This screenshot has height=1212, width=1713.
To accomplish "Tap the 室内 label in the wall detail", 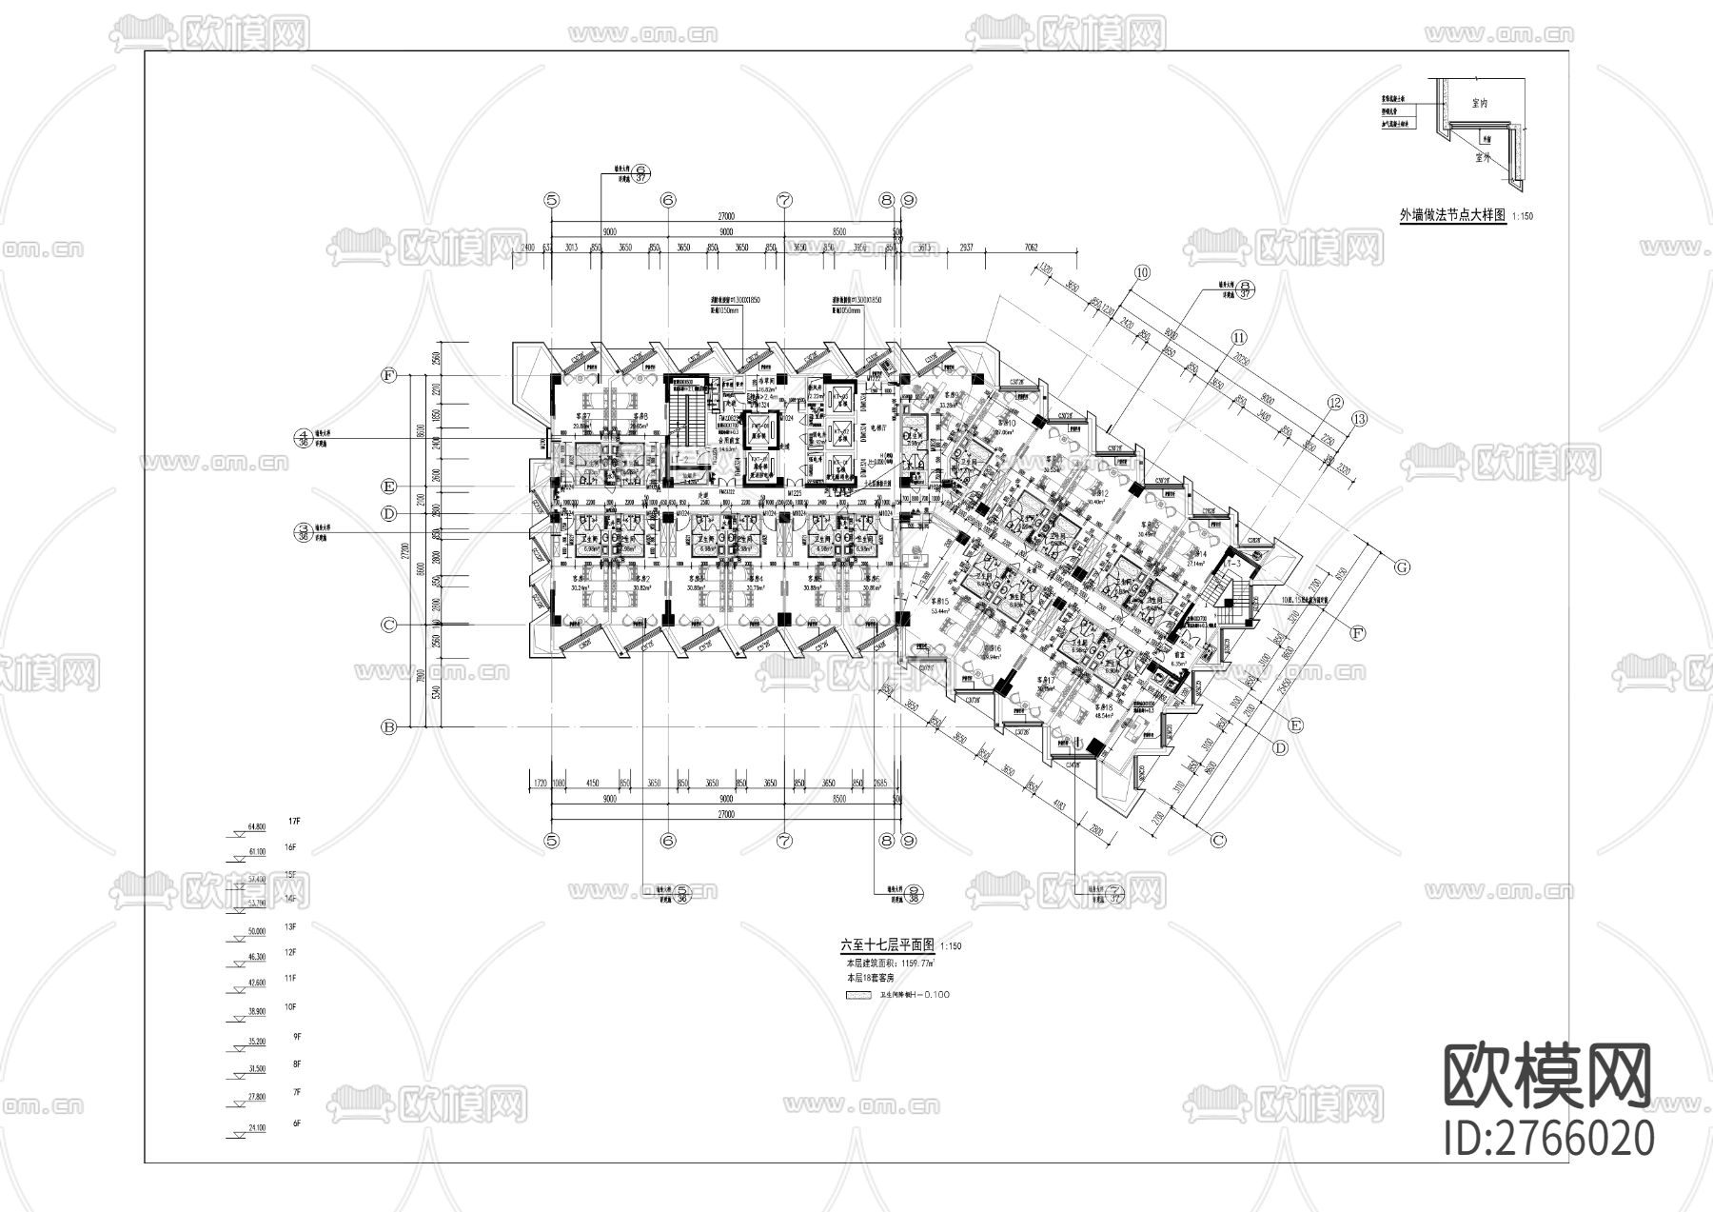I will (x=1480, y=103).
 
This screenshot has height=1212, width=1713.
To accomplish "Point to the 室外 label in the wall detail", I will (x=1482, y=159).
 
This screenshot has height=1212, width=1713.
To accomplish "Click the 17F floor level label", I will (x=294, y=821).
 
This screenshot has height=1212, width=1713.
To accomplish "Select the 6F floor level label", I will (x=296, y=1123).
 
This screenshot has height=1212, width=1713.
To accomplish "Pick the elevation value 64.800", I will (x=256, y=826).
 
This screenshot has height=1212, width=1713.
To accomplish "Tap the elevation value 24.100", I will (x=256, y=1128).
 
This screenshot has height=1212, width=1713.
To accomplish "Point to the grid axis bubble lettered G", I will (x=1401, y=566).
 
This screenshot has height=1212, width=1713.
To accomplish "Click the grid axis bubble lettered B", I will (x=388, y=727).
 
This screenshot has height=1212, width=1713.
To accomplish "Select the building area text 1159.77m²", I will (x=911, y=963).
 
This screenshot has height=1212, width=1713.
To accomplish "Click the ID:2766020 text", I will (x=1548, y=1139).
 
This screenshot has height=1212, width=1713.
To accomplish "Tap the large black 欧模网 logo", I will (x=1548, y=1076).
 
